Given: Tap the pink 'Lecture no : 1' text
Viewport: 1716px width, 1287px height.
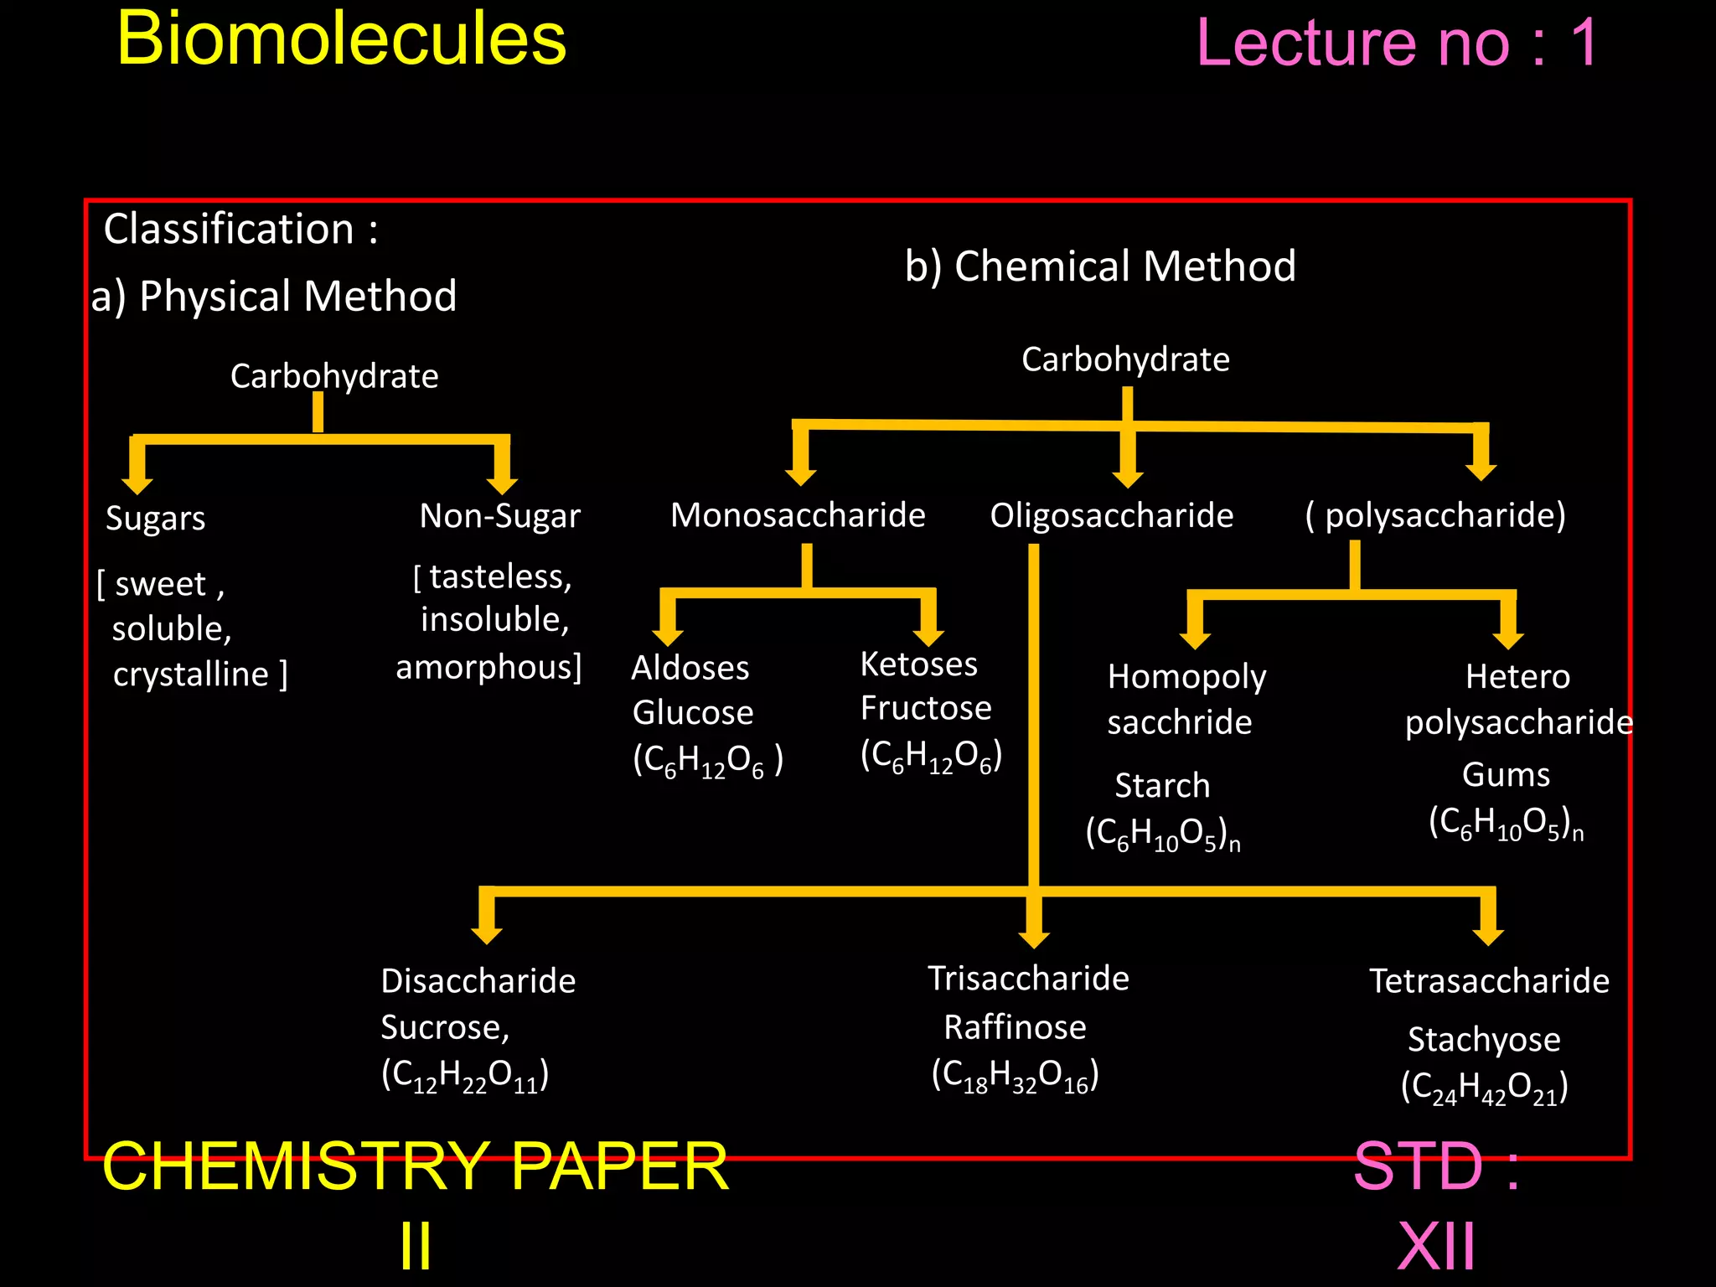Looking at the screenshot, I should point(1397,44).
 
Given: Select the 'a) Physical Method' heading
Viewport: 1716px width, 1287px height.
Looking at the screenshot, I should point(274,296).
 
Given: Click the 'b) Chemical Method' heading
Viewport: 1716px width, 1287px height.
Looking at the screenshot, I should point(1100,266).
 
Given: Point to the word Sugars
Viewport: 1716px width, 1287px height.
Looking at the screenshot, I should point(155,519).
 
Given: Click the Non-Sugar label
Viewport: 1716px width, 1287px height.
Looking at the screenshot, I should point(499,516).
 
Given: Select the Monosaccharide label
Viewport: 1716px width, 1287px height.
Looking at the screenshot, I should point(798,514).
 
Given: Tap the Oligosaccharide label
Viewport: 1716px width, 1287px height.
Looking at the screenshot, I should point(1111,515).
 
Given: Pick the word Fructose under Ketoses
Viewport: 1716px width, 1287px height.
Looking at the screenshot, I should point(925,708).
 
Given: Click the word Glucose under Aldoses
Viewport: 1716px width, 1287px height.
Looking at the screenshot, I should point(692,712).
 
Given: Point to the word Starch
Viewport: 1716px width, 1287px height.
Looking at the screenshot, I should point(1162,786).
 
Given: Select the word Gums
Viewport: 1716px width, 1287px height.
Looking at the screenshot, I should point(1506,775).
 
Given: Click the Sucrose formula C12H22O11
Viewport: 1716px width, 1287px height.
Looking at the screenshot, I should point(465,1075).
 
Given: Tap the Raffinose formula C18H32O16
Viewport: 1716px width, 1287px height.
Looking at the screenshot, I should point(1015,1075).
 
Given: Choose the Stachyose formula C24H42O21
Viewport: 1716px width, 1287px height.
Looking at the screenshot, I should point(1484,1088).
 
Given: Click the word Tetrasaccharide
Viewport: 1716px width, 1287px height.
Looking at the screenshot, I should point(1489,981).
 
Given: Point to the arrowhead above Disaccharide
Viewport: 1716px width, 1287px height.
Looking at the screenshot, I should point(487,932).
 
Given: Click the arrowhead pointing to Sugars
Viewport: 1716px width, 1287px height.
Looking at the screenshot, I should point(137,483).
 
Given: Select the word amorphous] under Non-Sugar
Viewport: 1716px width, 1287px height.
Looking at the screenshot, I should point(488,668).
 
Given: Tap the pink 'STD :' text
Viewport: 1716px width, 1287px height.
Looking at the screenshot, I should point(1436,1166).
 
